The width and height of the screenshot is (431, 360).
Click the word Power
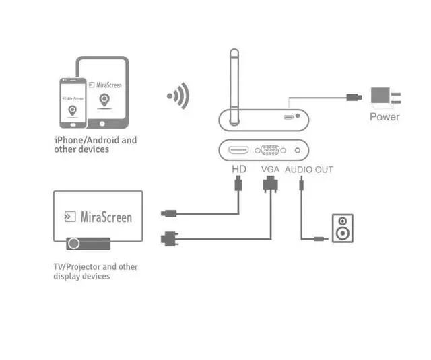385,117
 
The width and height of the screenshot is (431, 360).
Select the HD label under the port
238,170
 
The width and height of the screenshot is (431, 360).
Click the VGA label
270,170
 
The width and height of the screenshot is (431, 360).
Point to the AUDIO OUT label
308,170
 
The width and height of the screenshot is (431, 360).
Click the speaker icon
342,228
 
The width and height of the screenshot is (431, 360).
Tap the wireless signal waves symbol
178,97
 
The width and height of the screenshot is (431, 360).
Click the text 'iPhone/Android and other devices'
95,144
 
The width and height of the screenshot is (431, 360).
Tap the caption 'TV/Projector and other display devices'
95,271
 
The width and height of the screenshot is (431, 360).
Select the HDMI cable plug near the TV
169,214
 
